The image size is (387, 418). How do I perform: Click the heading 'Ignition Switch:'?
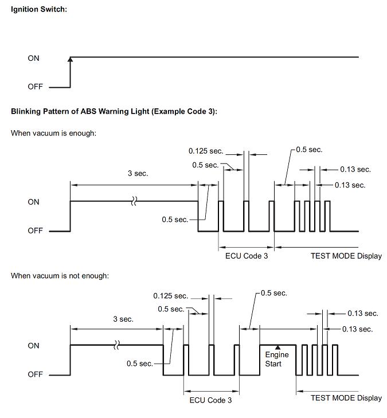39,9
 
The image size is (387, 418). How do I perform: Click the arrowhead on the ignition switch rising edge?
70,59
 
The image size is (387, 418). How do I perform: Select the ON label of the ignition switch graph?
34,58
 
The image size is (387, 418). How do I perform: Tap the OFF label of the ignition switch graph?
35,87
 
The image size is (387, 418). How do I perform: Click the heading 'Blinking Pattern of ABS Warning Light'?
80,111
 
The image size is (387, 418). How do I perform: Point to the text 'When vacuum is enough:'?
53,133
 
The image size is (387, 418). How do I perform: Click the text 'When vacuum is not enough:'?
60,275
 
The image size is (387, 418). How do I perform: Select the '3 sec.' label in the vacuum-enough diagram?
138,173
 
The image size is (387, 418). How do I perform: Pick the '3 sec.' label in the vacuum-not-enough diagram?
123,319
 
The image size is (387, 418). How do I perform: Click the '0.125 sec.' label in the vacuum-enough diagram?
206,151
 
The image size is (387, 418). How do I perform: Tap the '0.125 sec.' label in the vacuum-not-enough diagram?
171,296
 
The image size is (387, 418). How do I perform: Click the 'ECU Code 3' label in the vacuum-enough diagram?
247,256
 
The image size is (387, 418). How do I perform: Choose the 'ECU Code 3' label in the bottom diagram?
210,400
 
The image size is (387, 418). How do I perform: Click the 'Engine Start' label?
277,359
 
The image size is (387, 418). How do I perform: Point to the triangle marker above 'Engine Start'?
277,347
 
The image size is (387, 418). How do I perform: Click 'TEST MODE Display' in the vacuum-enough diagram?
346,256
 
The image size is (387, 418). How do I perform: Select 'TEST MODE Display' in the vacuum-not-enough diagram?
346,398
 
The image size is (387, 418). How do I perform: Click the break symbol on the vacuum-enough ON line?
134,201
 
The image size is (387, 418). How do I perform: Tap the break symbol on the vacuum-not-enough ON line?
116,345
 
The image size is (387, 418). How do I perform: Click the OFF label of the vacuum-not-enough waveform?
35,374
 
